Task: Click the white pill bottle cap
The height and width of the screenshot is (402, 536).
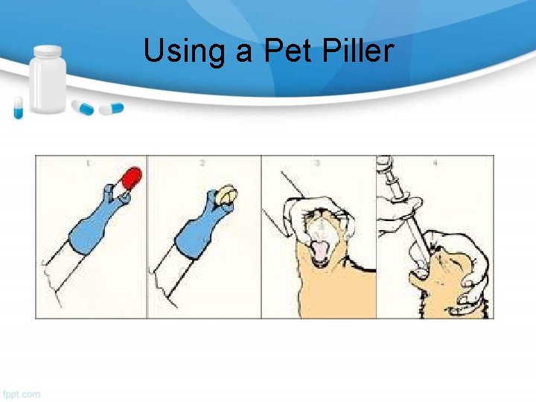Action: pos(48,51)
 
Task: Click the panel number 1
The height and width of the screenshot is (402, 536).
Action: pos(89,162)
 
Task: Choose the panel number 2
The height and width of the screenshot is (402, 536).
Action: pos(202,162)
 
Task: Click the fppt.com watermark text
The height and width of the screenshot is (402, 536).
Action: pos(22,393)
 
